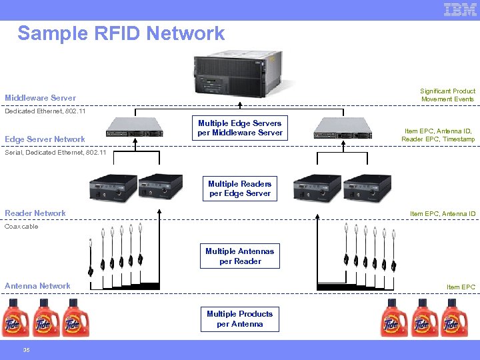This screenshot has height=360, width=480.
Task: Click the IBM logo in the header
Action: click(x=460, y=9)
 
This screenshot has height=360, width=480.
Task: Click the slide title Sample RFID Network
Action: click(x=121, y=33)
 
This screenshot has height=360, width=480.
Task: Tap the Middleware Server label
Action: click(x=41, y=98)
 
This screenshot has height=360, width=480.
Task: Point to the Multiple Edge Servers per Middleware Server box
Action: click(x=240, y=128)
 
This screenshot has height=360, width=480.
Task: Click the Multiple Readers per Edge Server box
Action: click(x=240, y=189)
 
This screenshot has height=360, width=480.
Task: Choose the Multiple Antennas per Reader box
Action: click(x=240, y=256)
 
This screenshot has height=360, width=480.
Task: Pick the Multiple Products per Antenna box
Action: click(x=240, y=319)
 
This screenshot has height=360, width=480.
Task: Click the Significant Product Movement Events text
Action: click(x=447, y=95)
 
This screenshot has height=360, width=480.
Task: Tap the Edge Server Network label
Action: click(x=45, y=139)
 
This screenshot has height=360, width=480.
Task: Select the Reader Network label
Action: click(x=35, y=213)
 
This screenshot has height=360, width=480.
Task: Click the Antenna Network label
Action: click(x=37, y=286)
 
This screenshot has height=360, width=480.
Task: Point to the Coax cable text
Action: click(x=22, y=227)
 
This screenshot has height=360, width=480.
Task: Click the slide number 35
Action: click(x=26, y=350)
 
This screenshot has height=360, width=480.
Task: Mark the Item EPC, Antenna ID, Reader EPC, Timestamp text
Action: click(x=439, y=135)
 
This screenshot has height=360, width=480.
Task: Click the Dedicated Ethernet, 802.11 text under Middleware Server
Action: click(x=45, y=111)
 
